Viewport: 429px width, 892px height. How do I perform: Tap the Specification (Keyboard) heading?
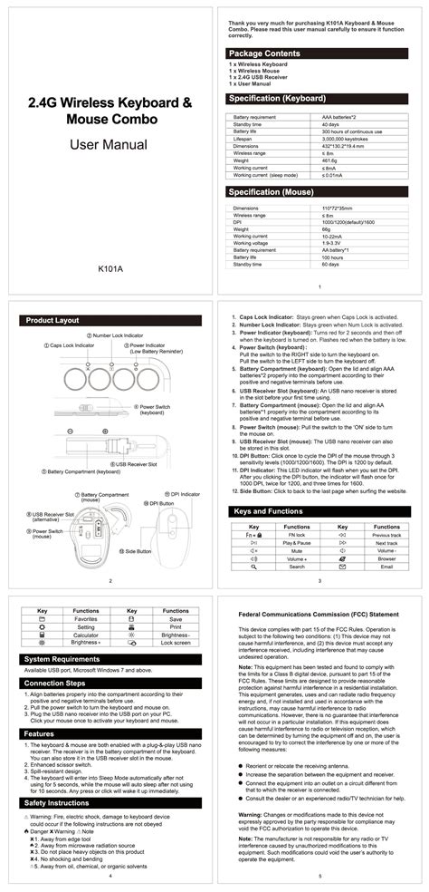pos(277,98)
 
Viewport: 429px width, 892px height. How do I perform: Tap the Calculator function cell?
pos(86,635)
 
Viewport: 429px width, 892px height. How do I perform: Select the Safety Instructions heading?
pos(58,778)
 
